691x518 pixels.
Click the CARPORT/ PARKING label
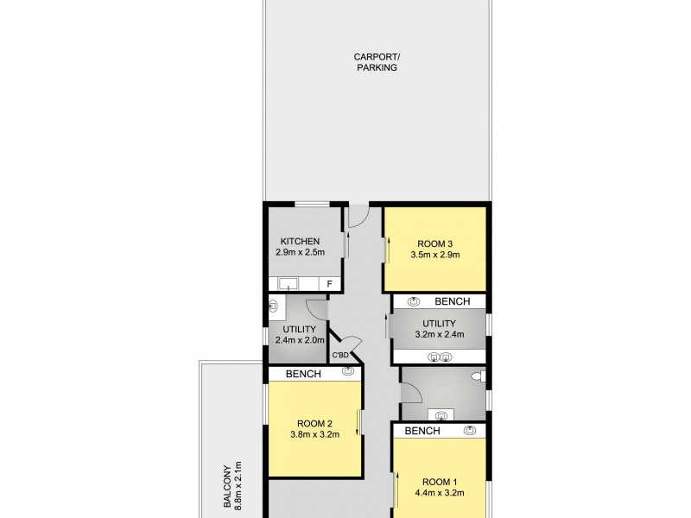click(377, 62)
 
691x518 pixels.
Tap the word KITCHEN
click(300, 241)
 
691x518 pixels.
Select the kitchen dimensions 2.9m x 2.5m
click(299, 253)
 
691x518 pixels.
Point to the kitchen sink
click(288, 283)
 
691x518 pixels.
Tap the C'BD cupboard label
click(340, 355)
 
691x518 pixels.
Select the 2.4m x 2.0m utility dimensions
click(299, 341)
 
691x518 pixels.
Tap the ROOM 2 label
click(314, 423)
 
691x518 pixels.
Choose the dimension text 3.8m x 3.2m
click(314, 435)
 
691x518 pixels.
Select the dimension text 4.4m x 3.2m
click(440, 494)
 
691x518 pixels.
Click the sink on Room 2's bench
click(348, 372)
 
